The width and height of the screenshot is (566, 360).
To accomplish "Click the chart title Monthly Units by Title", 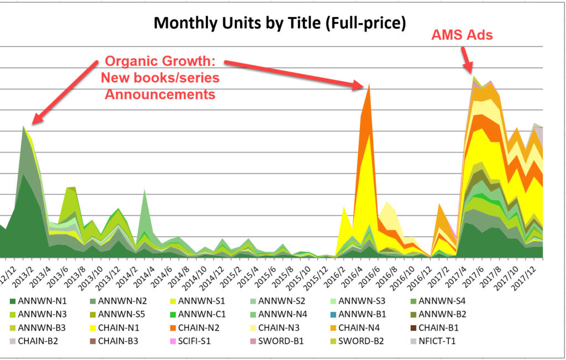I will click(x=280, y=23).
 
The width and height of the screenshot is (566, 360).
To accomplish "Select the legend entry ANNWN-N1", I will click(x=41, y=301).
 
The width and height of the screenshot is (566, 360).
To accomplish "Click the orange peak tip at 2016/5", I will click(x=369, y=84).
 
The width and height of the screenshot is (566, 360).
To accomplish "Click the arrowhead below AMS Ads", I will click(x=471, y=71).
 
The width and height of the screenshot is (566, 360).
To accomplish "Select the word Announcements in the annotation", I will click(x=160, y=95).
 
